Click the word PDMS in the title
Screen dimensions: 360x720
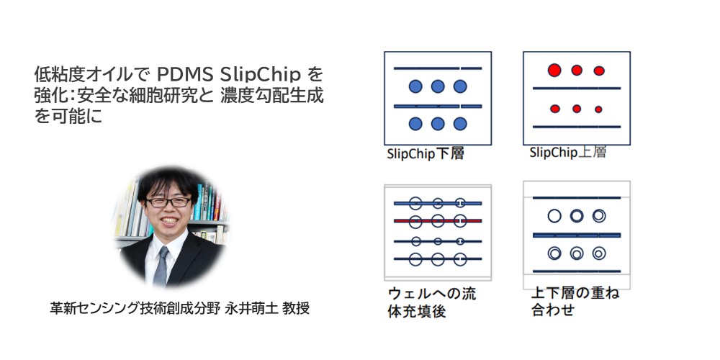[184, 74]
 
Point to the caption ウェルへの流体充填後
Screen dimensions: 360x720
[431, 302]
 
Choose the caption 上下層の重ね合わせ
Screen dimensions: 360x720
[574, 302]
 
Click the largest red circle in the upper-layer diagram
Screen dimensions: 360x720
[554, 71]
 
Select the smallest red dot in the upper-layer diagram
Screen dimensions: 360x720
[599, 109]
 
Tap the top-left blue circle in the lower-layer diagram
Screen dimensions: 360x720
[415, 87]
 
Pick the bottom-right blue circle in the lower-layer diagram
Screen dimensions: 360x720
[460, 124]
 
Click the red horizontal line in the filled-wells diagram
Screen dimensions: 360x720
[437, 220]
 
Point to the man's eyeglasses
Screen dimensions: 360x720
[168, 202]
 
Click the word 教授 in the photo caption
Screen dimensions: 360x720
[296, 308]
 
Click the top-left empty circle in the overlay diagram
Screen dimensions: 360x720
[554, 215]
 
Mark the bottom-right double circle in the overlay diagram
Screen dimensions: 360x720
[599, 253]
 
